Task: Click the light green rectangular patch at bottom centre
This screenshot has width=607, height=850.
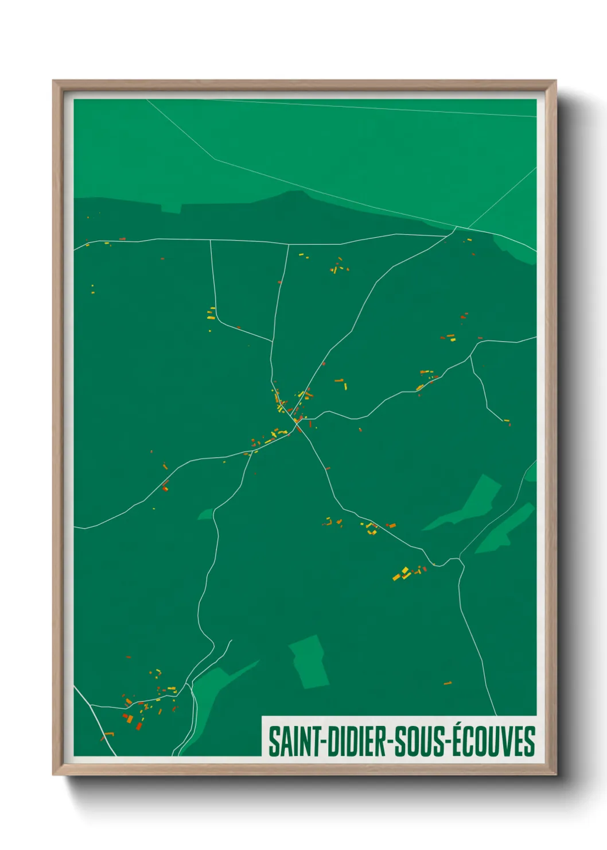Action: point(309,661)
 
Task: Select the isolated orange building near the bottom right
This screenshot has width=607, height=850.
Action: point(448,683)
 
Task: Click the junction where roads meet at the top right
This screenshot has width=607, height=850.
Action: point(456,228)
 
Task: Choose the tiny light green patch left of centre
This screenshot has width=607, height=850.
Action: point(205,514)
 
